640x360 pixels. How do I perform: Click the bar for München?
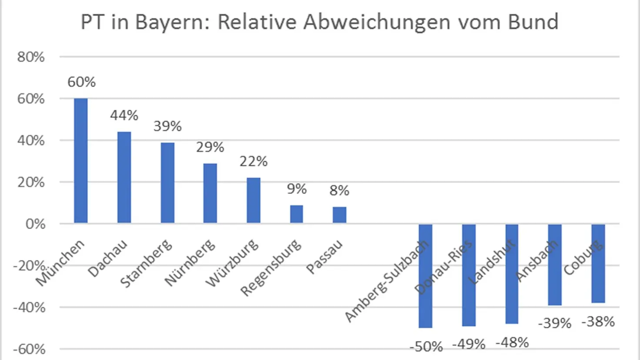click(81, 161)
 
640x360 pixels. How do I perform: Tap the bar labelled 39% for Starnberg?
click(167, 183)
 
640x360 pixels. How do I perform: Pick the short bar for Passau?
click(340, 215)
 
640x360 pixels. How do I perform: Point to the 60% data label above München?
click(81, 82)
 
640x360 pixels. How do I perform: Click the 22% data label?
click(253, 161)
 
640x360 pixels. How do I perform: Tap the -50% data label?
click(426, 347)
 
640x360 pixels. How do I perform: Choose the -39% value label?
click(554, 323)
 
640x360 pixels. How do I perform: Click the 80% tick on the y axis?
click(31, 57)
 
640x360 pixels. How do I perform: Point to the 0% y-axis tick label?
click(35, 224)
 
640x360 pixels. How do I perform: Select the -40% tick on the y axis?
click(29, 307)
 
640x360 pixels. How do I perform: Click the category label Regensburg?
click(270, 267)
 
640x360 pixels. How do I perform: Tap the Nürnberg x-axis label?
click(190, 263)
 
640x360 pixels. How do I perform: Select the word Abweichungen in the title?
click(377, 22)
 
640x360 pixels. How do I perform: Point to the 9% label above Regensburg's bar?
click(297, 189)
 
